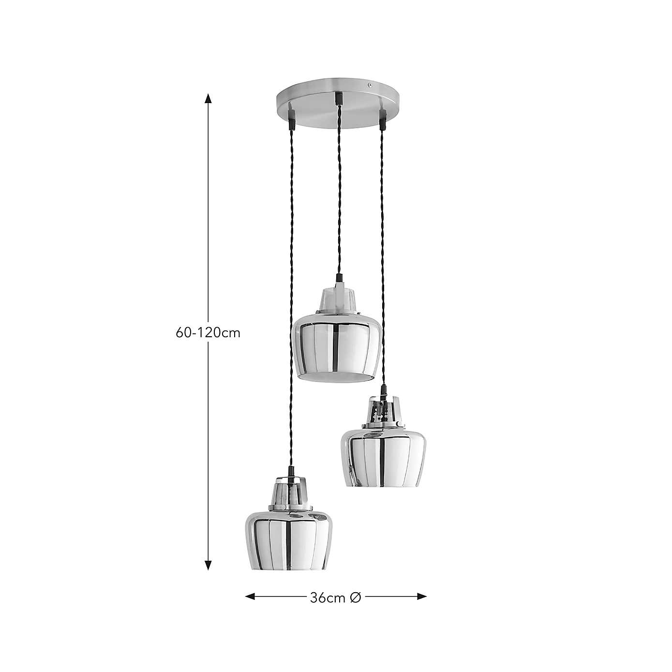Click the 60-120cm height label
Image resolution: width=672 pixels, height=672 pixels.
tap(208, 333)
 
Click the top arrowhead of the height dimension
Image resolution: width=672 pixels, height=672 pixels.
tap(209, 98)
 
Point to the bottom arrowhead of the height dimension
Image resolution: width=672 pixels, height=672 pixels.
tap(209, 565)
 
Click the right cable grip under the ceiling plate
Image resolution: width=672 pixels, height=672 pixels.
tap(383, 119)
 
